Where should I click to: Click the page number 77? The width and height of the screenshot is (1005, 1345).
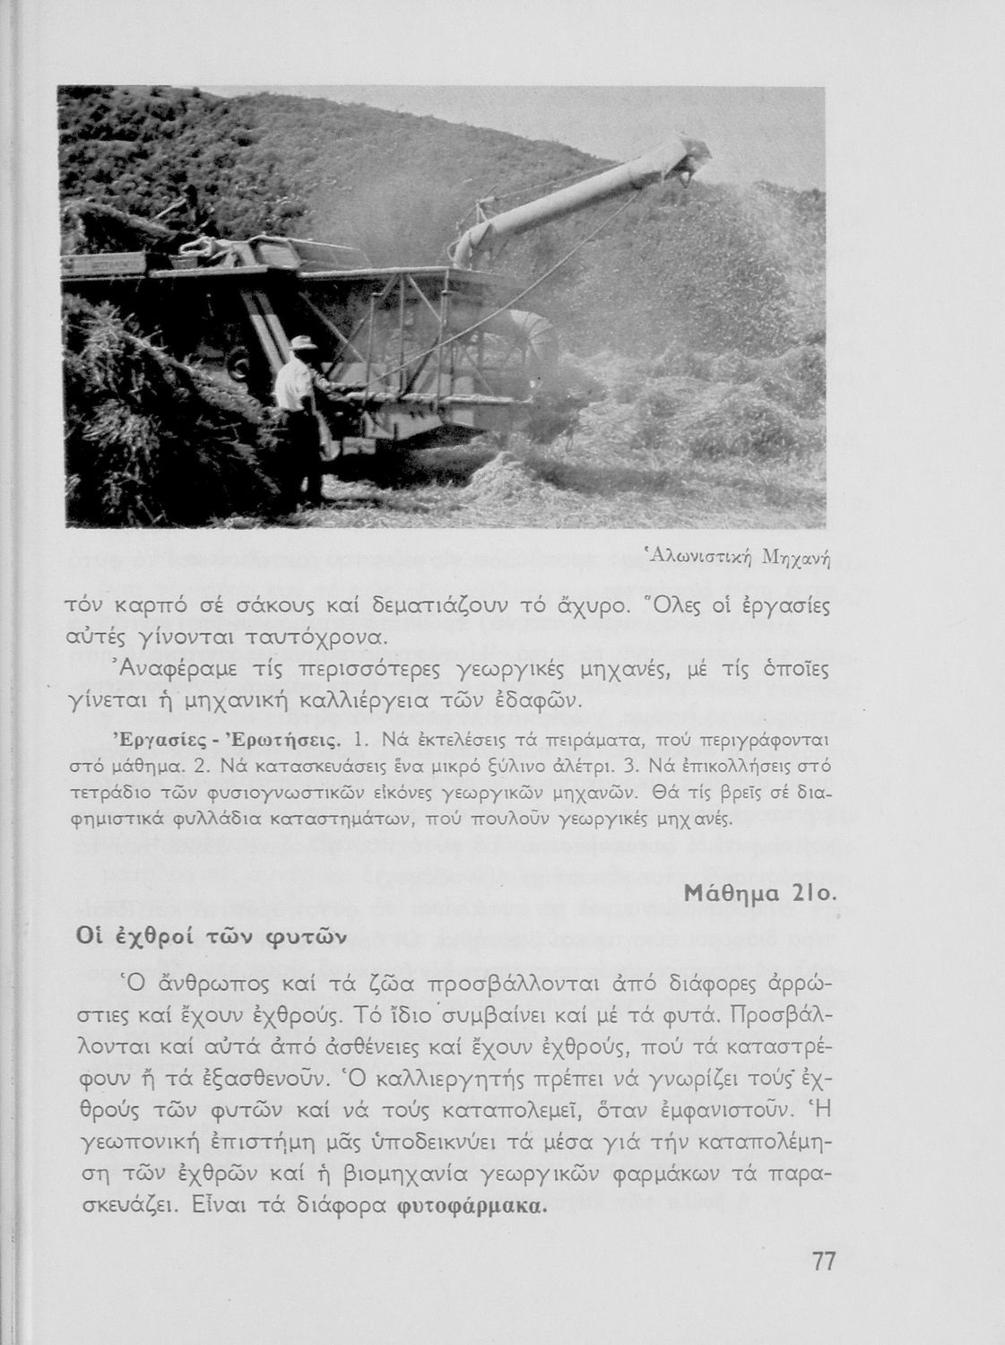click(823, 1262)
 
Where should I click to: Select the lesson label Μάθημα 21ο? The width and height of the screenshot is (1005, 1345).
click(760, 894)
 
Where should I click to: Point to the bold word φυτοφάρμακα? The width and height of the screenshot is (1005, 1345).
click(471, 1204)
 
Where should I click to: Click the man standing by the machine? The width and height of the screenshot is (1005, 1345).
click(296, 395)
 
